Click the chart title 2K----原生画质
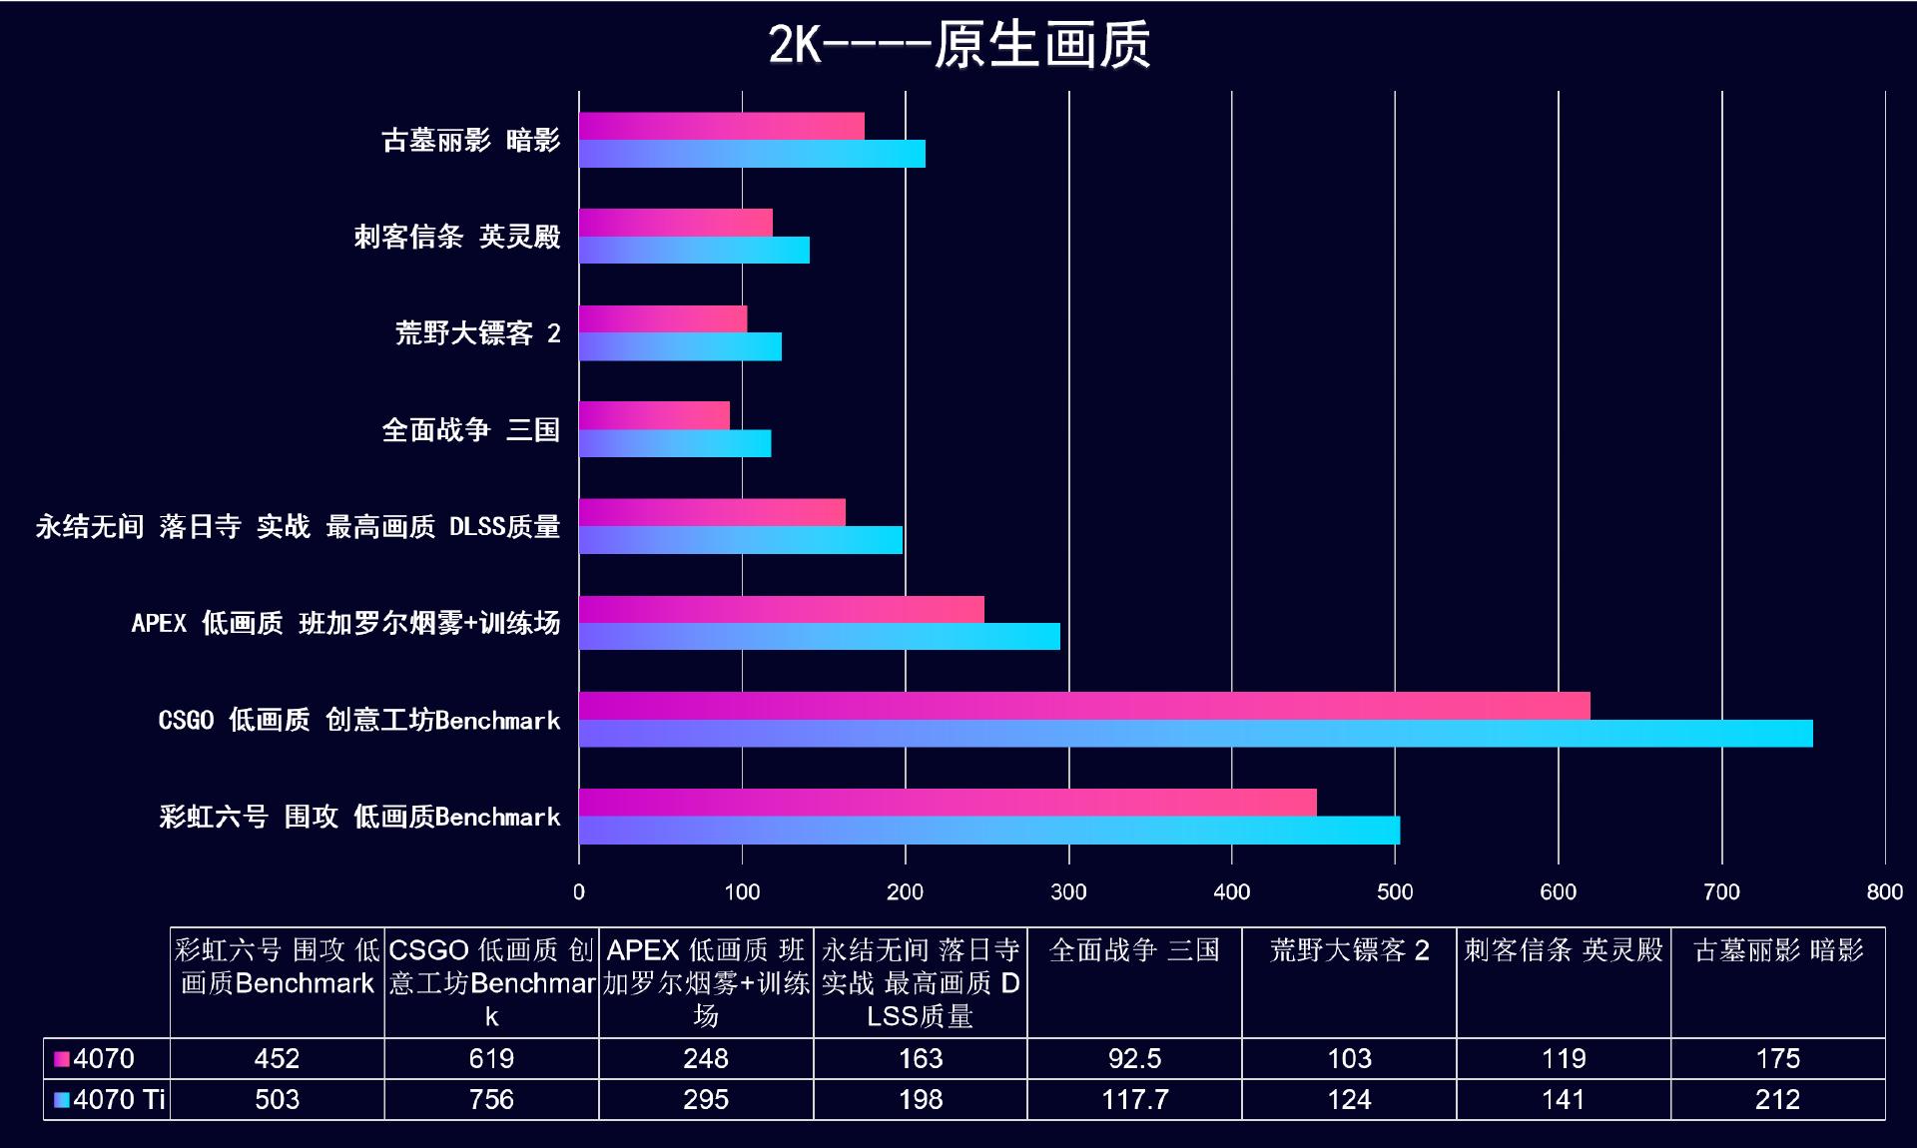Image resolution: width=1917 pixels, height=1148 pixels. click(958, 46)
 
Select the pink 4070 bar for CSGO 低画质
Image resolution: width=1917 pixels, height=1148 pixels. click(1083, 706)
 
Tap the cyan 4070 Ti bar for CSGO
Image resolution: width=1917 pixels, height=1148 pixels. click(1195, 734)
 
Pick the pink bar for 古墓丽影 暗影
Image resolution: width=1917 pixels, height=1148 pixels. click(721, 126)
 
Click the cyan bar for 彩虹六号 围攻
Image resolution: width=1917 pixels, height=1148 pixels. click(988, 831)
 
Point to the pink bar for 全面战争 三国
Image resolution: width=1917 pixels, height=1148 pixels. click(654, 415)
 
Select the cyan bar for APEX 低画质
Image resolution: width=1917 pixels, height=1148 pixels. click(819, 637)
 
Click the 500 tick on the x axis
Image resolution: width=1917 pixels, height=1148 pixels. click(1395, 892)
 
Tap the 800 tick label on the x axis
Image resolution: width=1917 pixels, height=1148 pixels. click(1884, 892)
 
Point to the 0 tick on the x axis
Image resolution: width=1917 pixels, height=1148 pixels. click(579, 892)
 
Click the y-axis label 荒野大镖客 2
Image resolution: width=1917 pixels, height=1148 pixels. click(477, 333)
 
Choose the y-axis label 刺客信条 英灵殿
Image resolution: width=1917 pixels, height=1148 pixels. click(457, 237)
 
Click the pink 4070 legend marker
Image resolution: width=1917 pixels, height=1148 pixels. click(62, 1059)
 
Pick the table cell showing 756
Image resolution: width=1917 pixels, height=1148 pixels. click(491, 1100)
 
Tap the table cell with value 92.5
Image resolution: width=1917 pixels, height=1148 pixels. click(1134, 1059)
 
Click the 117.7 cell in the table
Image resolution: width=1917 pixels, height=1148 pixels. click(1134, 1100)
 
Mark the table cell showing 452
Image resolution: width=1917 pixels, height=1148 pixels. click(277, 1059)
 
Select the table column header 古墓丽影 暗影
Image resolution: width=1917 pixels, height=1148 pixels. click(1778, 950)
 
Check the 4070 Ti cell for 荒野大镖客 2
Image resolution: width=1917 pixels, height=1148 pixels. click(1349, 1100)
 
